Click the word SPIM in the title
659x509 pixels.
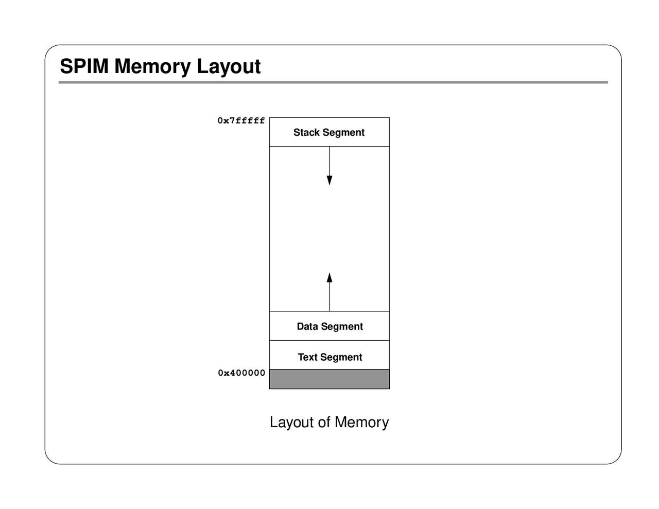tap(84, 66)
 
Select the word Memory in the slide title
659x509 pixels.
tap(152, 66)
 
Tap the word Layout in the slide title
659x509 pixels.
tap(229, 66)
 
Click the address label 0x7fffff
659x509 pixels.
tap(241, 121)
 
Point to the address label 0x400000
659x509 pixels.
tap(241, 373)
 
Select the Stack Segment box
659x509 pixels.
tap(329, 132)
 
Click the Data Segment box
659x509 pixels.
tap(329, 326)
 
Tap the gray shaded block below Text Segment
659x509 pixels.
tap(329, 379)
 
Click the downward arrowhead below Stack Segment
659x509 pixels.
tap(329, 180)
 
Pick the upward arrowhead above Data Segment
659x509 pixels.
tap(329, 278)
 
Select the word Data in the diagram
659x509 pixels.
tap(307, 326)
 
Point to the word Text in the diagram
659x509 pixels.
tap(307, 357)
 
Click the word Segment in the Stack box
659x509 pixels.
tap(343, 133)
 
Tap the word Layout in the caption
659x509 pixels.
tap(292, 423)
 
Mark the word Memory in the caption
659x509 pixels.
tap(361, 423)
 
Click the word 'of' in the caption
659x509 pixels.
tap(324, 423)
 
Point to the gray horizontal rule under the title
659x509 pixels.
tap(333, 82)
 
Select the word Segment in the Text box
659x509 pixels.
tap(342, 358)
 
